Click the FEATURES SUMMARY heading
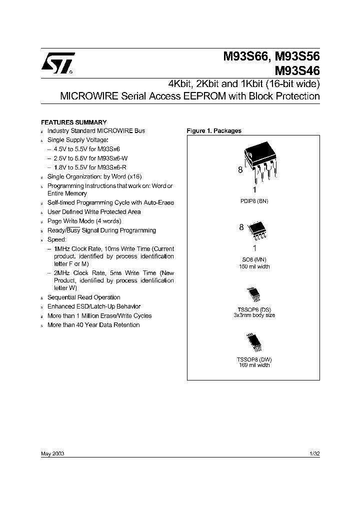[x=73, y=122]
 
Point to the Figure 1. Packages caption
[x=214, y=131]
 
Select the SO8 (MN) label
[x=254, y=260]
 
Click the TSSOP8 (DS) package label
[x=254, y=310]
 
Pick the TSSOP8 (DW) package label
[x=254, y=359]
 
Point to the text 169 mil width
[x=254, y=365]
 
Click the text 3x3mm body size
[x=254, y=315]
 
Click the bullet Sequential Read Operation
[x=83, y=297]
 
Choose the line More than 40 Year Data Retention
[x=93, y=325]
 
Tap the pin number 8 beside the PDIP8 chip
[x=240, y=170]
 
